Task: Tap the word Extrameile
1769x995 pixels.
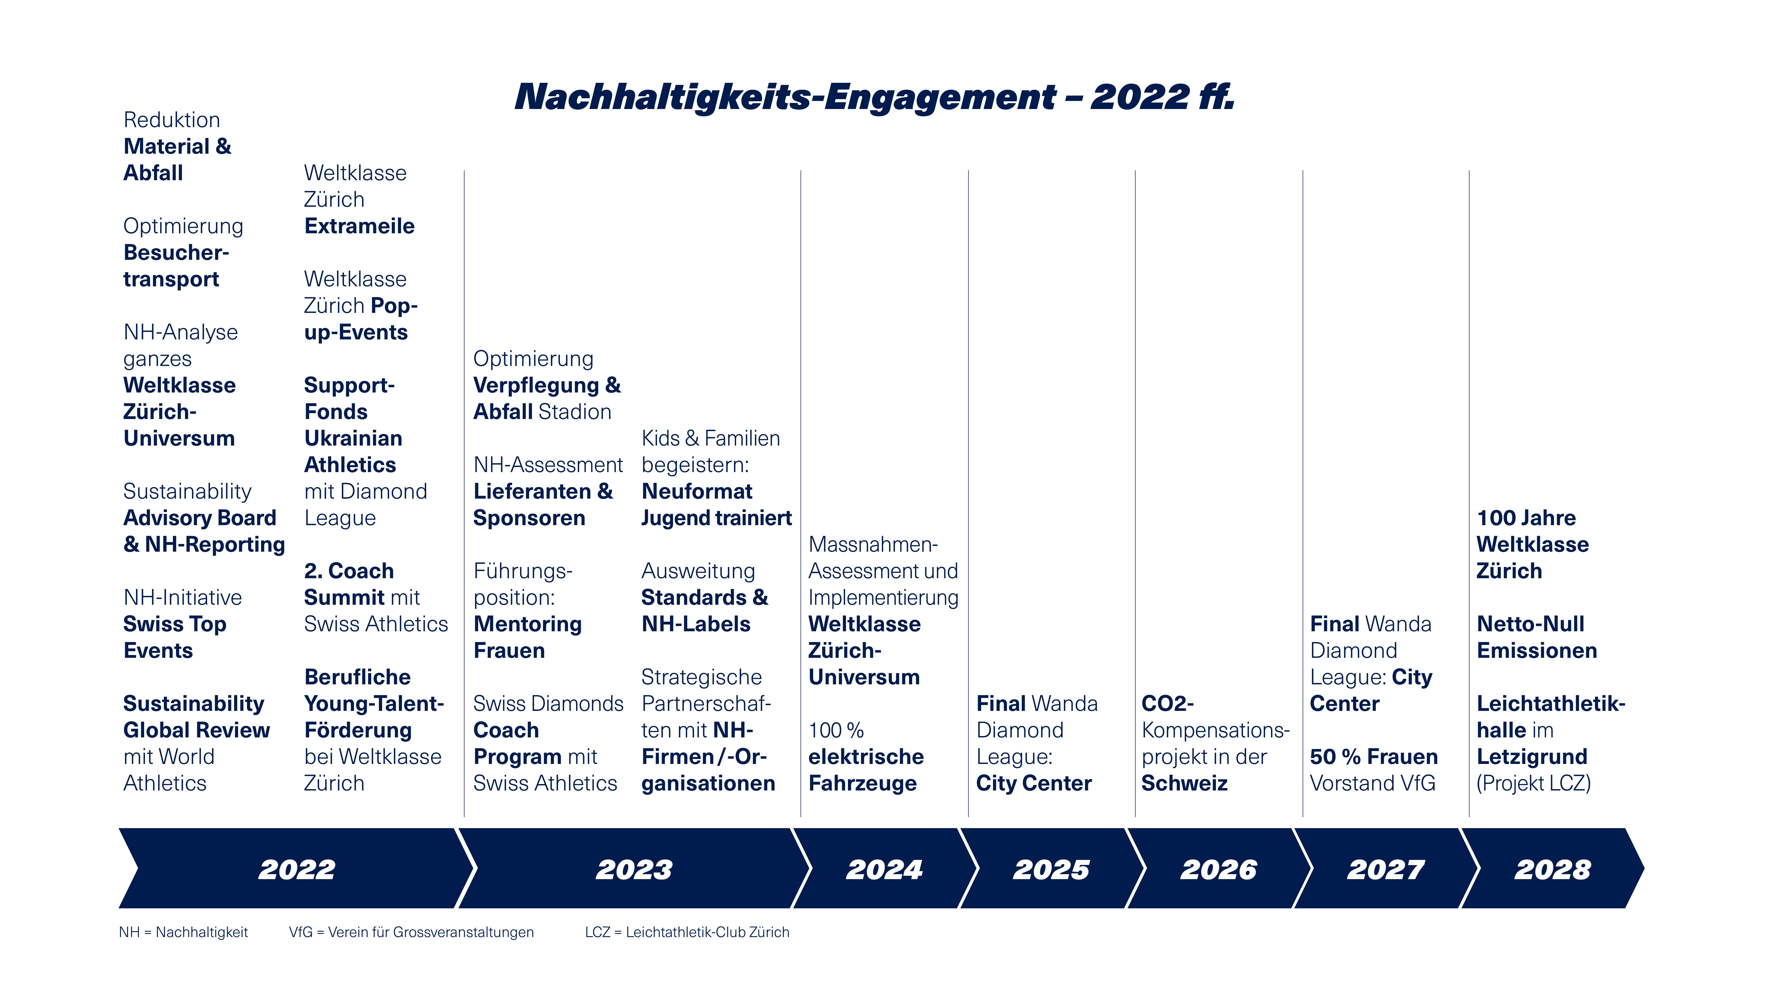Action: coord(359,226)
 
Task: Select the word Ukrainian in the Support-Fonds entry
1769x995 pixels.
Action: coord(353,438)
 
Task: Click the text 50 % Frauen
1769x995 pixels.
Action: coord(1373,757)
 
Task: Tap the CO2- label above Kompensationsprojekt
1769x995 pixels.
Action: coord(1168,703)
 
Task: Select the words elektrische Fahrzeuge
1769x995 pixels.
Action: coord(866,770)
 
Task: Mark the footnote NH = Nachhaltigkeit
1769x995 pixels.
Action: coord(183,932)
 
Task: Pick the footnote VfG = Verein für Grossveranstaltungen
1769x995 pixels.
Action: coord(411,932)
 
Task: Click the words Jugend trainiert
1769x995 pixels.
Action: coord(716,518)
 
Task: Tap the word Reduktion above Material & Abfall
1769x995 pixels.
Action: coord(172,119)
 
